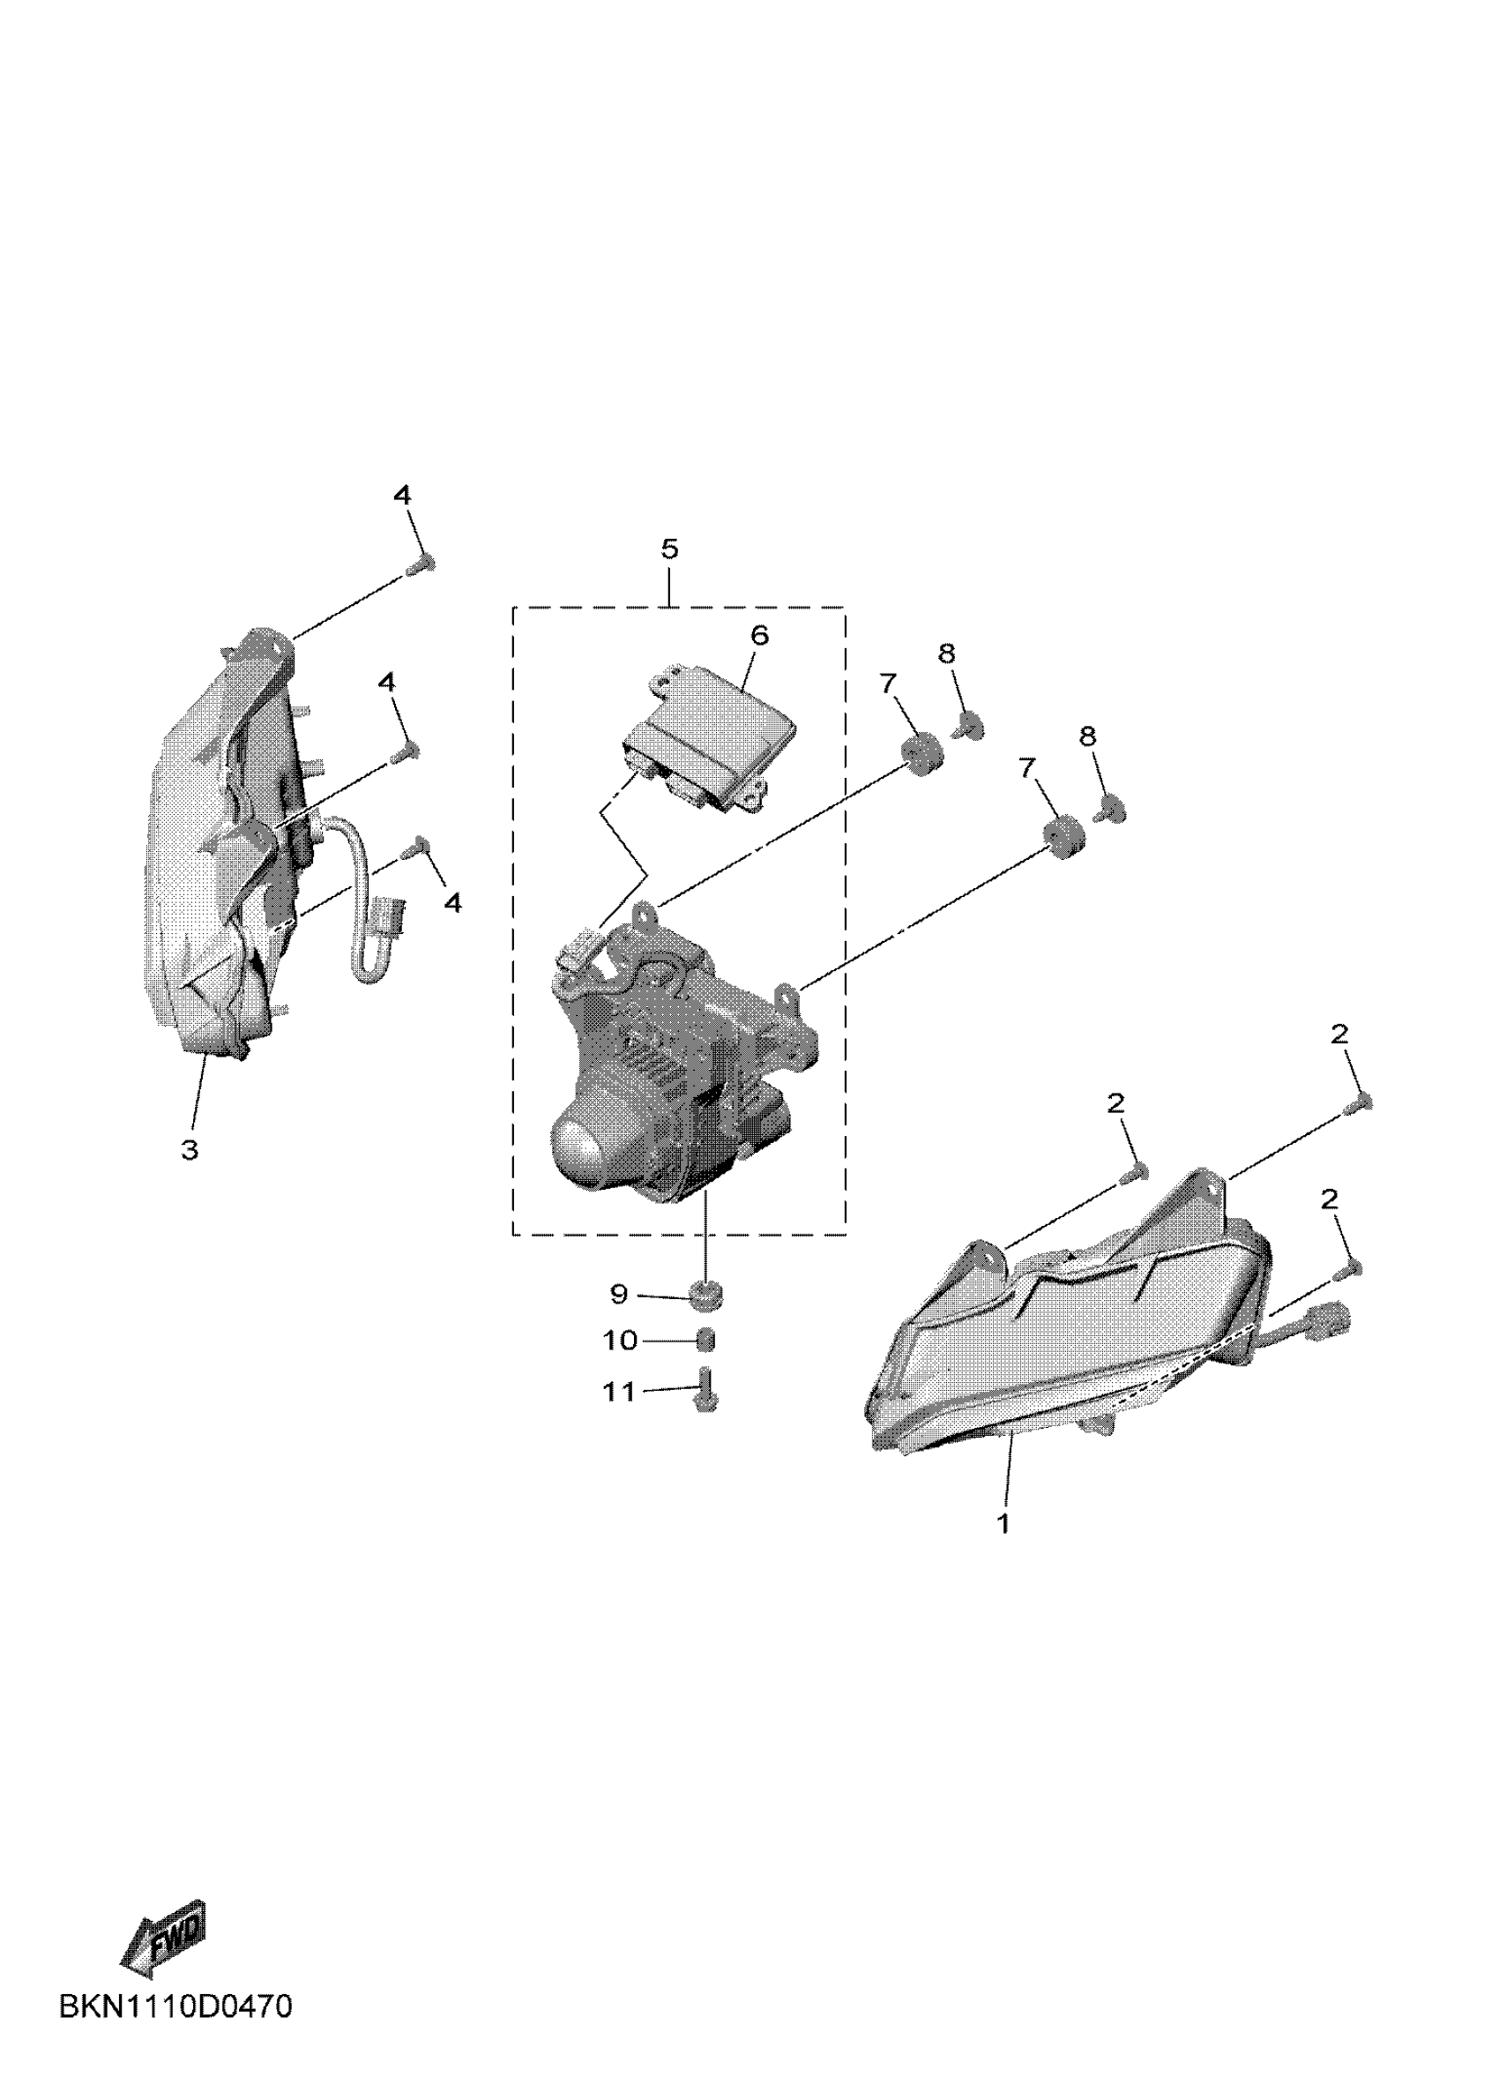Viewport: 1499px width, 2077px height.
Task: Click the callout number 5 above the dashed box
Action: click(x=669, y=549)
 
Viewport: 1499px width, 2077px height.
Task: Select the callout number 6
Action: click(x=759, y=636)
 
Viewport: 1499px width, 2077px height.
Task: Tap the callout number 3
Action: click(x=190, y=1149)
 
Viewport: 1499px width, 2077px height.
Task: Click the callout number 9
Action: click(x=619, y=1294)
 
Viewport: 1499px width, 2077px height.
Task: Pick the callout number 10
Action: click(x=620, y=1341)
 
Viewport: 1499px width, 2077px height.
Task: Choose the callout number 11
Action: click(x=619, y=1392)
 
